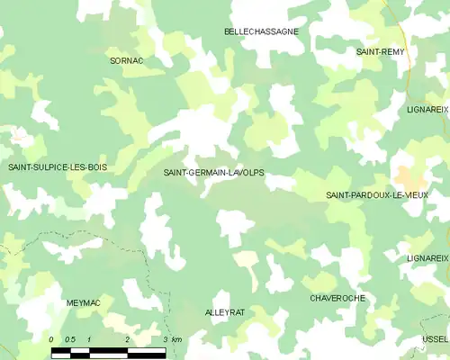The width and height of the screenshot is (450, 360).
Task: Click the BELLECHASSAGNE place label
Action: click(x=261, y=31)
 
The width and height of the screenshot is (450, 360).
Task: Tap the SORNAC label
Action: click(x=126, y=60)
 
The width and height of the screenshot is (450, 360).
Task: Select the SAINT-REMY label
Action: click(x=381, y=52)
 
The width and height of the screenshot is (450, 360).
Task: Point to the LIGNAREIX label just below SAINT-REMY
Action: click(x=427, y=109)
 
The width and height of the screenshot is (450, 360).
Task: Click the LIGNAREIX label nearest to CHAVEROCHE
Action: click(x=427, y=258)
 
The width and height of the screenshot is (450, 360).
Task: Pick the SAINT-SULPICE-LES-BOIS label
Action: click(x=57, y=167)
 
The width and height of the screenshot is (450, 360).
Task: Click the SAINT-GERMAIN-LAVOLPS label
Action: click(x=213, y=172)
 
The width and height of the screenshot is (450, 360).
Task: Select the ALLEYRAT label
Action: click(x=225, y=311)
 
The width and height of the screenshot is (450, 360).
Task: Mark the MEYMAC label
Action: click(x=84, y=303)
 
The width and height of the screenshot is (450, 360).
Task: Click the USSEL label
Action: click(x=436, y=339)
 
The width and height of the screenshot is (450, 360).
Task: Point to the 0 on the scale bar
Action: click(x=52, y=338)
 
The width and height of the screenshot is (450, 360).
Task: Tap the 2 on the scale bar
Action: click(x=127, y=338)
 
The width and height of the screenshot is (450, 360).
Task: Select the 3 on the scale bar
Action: click(x=166, y=338)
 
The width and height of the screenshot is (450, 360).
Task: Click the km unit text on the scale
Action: click(x=176, y=338)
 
